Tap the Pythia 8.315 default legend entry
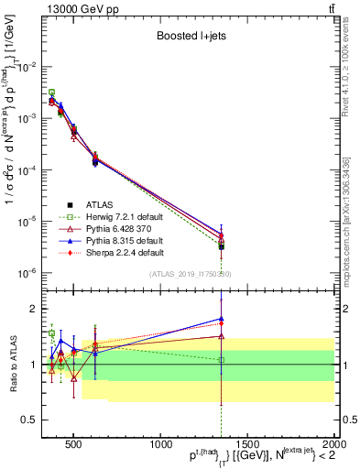[125, 240]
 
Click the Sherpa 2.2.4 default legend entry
[125, 252]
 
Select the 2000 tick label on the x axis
[333, 442]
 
